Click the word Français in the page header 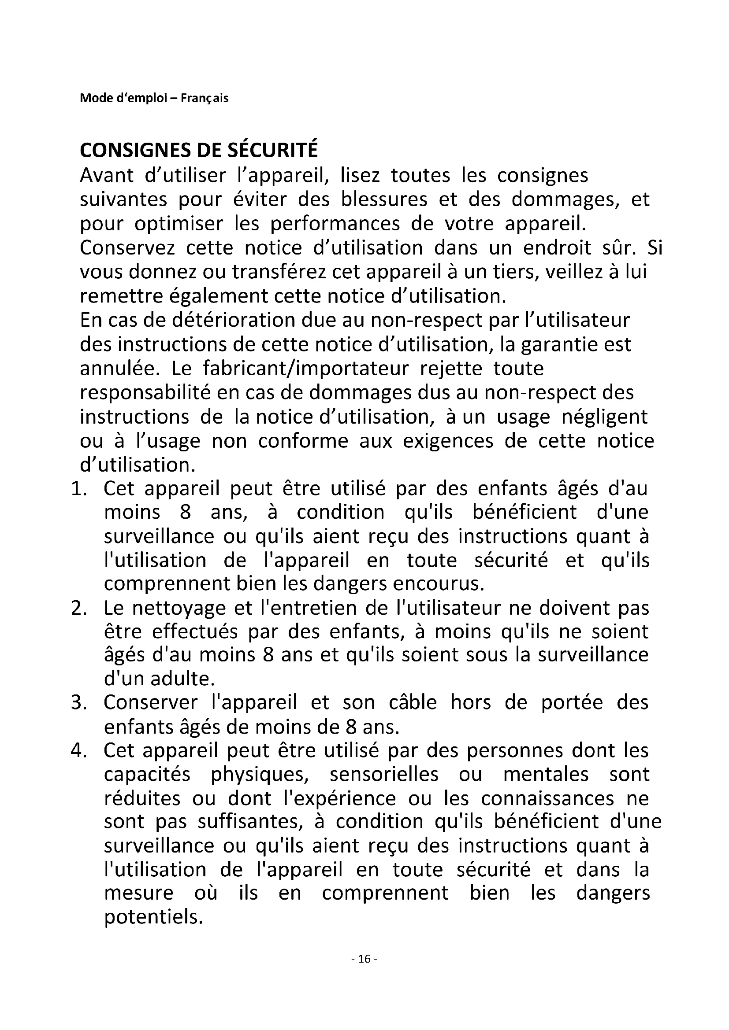coord(204,98)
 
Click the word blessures coord(384,199)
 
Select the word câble coord(413,703)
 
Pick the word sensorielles coord(384,775)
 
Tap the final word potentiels coord(153,917)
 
